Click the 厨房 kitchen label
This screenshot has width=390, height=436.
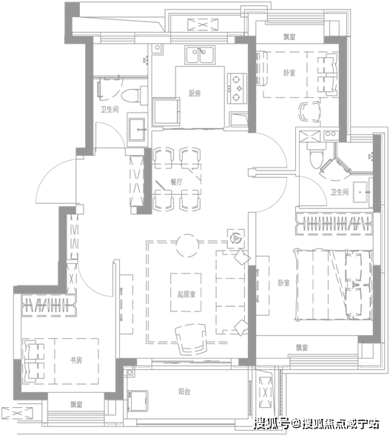(x=195, y=93)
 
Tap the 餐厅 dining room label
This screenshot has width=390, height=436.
(x=176, y=182)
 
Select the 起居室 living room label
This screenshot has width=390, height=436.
(x=186, y=294)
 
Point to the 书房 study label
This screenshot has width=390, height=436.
(x=76, y=360)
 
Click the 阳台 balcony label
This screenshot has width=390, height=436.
(x=184, y=392)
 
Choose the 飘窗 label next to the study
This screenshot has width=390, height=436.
(x=76, y=404)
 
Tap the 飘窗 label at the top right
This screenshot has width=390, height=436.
(x=289, y=37)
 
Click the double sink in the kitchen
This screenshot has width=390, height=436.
(x=200, y=55)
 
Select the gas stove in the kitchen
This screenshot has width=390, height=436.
(x=237, y=88)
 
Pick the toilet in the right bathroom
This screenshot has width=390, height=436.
(x=316, y=155)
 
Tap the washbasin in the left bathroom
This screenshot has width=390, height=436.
(x=136, y=129)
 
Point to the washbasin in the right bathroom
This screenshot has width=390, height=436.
(x=361, y=192)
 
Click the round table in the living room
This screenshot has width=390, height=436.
(x=188, y=245)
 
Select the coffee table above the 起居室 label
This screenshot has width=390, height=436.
(x=186, y=292)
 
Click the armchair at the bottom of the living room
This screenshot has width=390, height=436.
(x=191, y=339)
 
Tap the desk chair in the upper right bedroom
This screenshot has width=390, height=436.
(x=309, y=112)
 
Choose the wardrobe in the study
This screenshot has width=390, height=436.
(x=49, y=305)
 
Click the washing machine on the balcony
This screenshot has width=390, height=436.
(x=138, y=401)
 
